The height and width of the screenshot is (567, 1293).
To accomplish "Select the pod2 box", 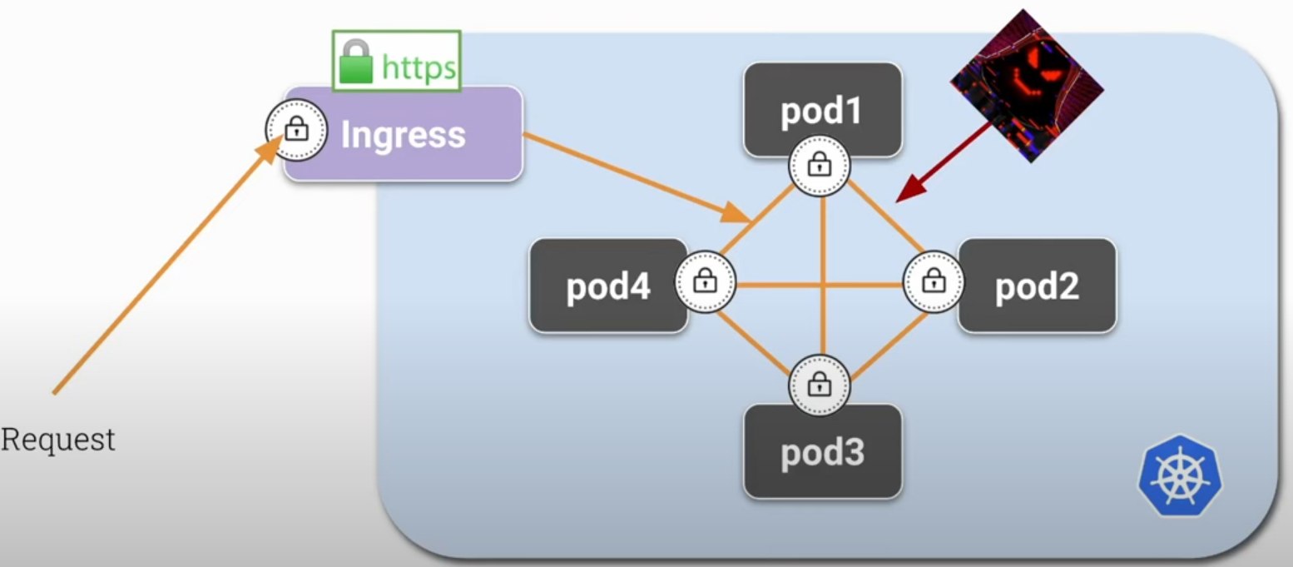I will [x=1037, y=286].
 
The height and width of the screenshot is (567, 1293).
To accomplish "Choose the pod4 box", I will [x=608, y=286].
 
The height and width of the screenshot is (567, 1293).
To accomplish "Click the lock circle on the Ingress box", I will [x=296, y=130].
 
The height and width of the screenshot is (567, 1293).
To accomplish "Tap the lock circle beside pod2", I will [x=934, y=281].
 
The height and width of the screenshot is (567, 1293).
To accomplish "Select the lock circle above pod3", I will [x=820, y=385].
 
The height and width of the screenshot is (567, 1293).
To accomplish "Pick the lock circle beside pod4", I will [x=706, y=281].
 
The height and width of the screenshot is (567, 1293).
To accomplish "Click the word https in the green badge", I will [x=419, y=67].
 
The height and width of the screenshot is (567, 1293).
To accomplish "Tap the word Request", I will [x=58, y=439].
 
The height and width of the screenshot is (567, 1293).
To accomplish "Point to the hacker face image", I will [x=1028, y=85].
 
